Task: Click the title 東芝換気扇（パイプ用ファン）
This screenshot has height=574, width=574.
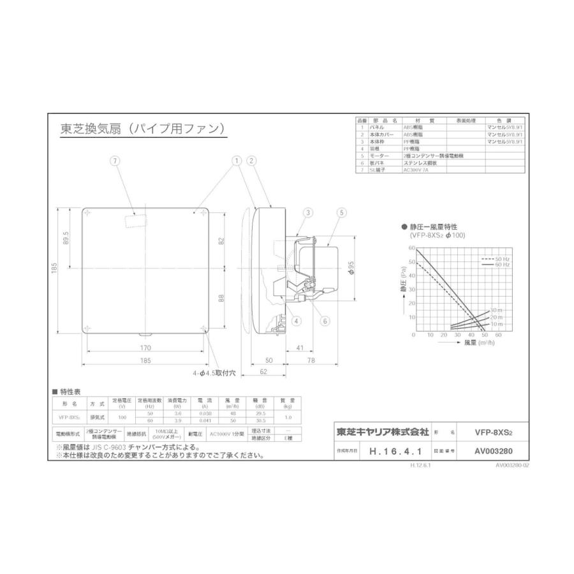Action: tap(142, 129)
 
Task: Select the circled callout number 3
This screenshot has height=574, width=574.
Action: tap(307, 212)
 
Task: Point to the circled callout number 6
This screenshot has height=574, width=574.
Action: tap(325, 321)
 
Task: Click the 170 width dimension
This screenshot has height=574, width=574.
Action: tap(145, 348)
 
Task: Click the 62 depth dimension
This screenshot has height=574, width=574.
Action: tap(263, 372)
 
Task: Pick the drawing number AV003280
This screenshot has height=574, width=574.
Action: tap(494, 450)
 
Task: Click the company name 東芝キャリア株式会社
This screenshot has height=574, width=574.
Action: tap(383, 432)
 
